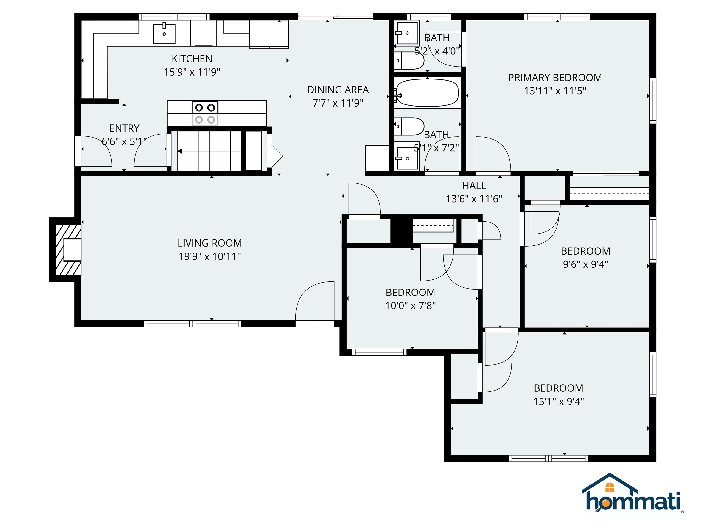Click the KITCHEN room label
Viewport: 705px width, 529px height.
(192, 59)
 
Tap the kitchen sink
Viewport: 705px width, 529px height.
(164, 34)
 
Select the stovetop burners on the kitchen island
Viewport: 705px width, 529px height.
(205, 113)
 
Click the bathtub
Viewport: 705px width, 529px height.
(427, 93)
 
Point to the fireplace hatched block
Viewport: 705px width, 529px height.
(68, 250)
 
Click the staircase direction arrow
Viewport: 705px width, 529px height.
(180, 151)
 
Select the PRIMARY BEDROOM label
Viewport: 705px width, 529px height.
(555, 77)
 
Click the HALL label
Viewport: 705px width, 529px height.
(474, 186)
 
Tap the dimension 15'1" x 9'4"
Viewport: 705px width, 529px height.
(558, 401)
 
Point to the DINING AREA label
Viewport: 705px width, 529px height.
(338, 90)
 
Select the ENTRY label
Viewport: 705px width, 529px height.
(124, 128)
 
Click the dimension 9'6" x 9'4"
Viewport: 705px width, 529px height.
(585, 264)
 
